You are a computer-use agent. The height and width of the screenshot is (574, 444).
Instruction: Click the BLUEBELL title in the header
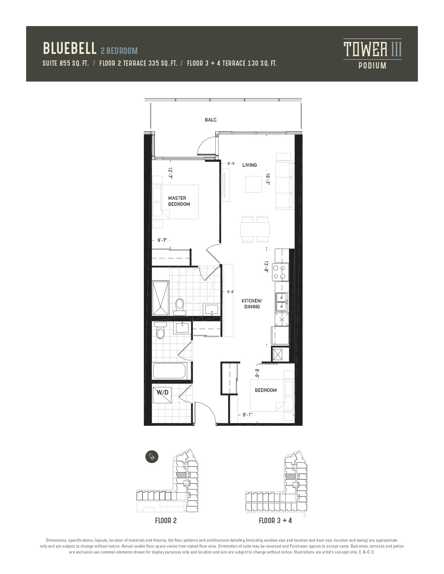coord(70,48)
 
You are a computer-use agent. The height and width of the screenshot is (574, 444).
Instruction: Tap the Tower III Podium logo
coord(372,54)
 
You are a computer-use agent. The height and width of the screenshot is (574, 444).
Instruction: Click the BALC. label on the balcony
coord(211,120)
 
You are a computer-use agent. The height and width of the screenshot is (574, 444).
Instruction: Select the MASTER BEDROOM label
coord(179,201)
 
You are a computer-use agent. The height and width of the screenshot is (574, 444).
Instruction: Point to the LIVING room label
coord(249,165)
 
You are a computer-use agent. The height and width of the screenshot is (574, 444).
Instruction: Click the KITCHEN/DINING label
coord(252,303)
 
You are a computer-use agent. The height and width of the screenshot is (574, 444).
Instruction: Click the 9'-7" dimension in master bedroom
coord(162,240)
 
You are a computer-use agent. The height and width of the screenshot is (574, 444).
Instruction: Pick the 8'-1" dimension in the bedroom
coord(248,415)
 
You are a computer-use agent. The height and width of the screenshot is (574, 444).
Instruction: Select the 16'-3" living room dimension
coord(267,179)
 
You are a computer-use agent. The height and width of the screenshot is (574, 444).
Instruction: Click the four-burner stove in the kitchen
coord(280,272)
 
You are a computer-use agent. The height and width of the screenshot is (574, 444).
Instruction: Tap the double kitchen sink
coord(282,302)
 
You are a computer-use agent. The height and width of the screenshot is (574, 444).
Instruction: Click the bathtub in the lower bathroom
coord(170,371)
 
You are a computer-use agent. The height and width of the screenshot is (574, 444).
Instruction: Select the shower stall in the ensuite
coord(161,298)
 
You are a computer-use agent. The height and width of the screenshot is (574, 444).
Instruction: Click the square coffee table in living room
coord(253,184)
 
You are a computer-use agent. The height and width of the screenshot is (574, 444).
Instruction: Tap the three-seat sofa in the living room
coord(285,181)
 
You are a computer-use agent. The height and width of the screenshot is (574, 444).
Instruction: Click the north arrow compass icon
coord(152,456)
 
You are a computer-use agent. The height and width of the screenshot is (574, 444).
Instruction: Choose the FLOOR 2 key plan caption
coord(166,521)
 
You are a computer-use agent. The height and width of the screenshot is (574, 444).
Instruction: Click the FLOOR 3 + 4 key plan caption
coord(275,521)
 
